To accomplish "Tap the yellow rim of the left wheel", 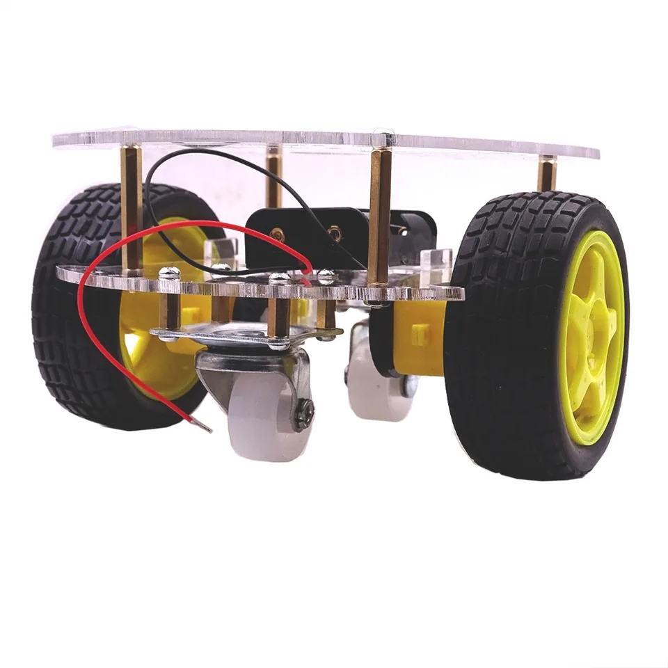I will tap(150, 362).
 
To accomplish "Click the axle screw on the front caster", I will tap(304, 415).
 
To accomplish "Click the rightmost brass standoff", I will tap(547, 174).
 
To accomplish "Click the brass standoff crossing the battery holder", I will tap(379, 216).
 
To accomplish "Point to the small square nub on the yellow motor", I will tap(417, 335).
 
